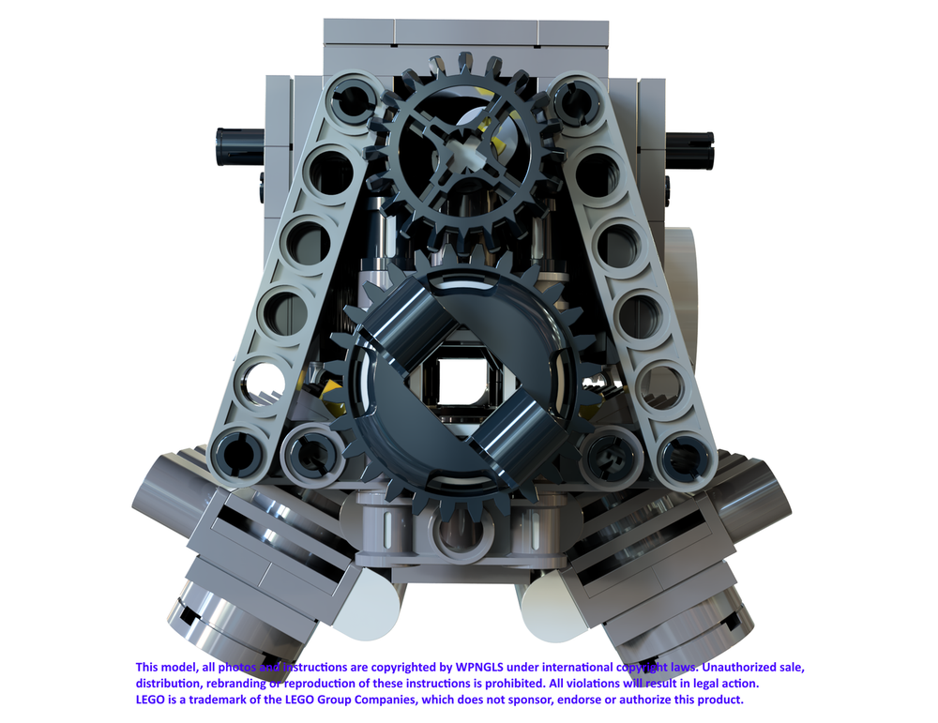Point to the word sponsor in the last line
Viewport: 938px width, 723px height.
(x=532, y=700)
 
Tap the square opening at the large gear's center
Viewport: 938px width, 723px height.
(x=461, y=381)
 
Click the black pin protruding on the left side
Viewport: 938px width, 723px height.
(x=239, y=147)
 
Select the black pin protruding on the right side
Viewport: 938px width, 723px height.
(x=689, y=149)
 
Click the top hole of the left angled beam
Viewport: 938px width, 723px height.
(x=353, y=99)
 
